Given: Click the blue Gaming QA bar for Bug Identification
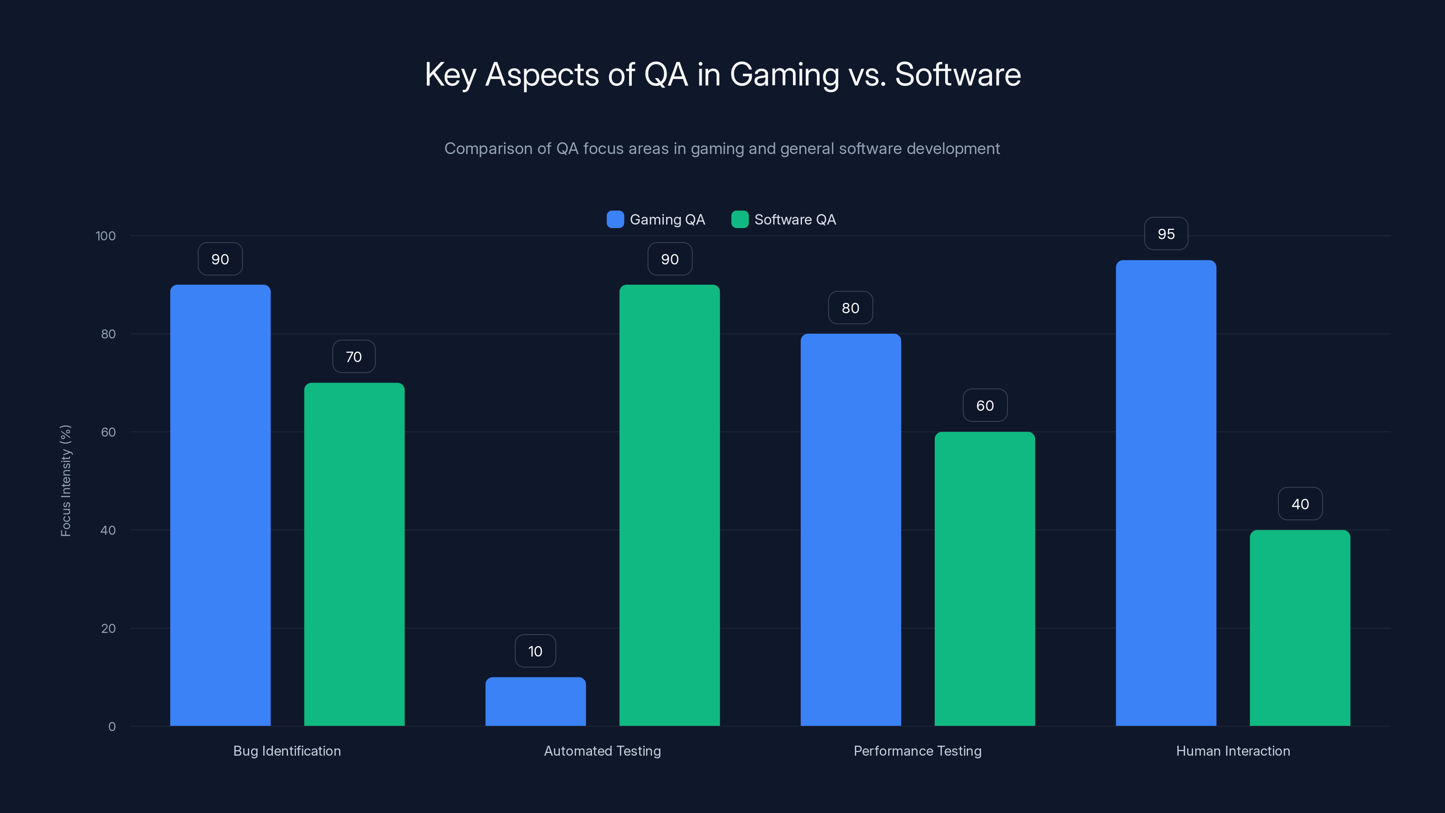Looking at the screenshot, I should (220, 505).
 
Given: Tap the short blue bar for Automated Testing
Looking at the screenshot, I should (535, 701).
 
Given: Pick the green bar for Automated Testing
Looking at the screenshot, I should (669, 505).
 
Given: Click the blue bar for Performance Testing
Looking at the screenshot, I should (850, 530).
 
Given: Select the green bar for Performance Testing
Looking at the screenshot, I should (984, 579).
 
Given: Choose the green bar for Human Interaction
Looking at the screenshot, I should (1300, 628).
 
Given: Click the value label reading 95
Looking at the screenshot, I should (1165, 234).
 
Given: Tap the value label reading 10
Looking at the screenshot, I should (535, 651).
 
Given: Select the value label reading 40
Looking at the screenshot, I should (1300, 504).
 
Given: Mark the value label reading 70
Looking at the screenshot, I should (354, 357).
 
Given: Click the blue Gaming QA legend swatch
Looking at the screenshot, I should (615, 220).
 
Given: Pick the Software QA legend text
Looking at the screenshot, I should (795, 220).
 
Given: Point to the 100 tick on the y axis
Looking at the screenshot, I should (106, 236).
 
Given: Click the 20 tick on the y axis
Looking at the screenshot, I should (108, 628).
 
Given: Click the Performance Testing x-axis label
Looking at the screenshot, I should (917, 751).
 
